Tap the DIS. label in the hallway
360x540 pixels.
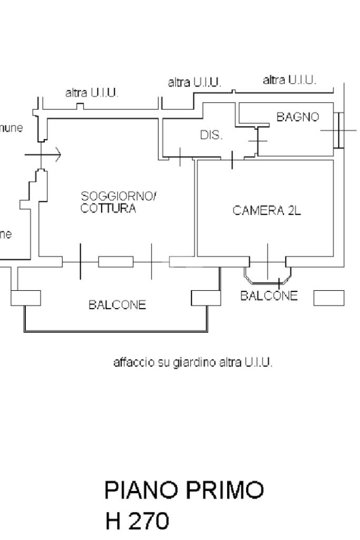[x=211, y=135]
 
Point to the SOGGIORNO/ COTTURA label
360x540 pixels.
[x=119, y=202]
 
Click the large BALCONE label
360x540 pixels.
[x=117, y=305]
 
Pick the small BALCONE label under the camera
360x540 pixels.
[x=269, y=296]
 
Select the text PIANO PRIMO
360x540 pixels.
[x=184, y=490]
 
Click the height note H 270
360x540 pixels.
[x=137, y=522]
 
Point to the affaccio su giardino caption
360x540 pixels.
[x=193, y=362]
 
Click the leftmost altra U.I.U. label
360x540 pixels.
[x=92, y=93]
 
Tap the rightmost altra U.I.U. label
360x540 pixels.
[x=289, y=80]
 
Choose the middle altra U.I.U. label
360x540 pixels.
[x=194, y=83]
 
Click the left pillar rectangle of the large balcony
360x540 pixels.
[x=25, y=298]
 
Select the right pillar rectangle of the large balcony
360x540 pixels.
[x=206, y=298]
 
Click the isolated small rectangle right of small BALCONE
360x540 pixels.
[x=328, y=298]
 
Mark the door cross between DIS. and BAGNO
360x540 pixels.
[x=258, y=141]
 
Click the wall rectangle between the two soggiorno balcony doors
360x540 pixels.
[x=115, y=261]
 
